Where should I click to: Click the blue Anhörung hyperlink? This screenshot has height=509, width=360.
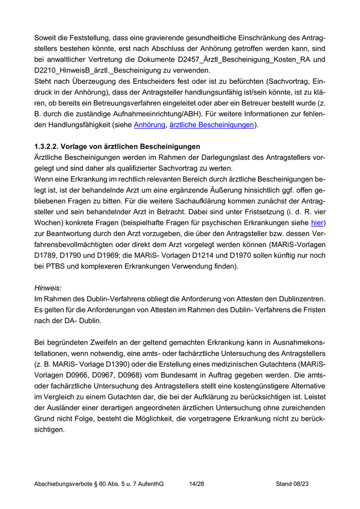[149, 125]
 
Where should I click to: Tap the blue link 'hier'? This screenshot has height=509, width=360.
[317, 223]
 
